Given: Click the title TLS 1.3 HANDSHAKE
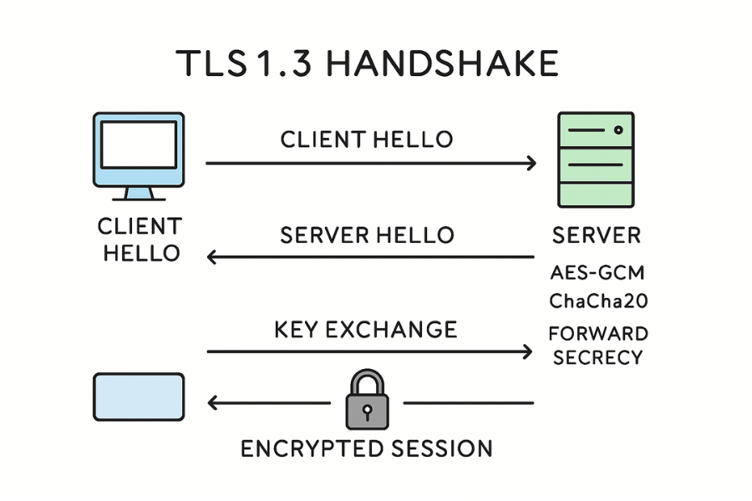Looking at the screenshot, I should [368, 64].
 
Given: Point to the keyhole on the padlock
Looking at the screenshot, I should [368, 411].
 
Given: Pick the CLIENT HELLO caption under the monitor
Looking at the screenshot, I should [140, 240].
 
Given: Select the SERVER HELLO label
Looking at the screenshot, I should [367, 235].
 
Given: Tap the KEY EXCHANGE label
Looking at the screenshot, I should [365, 329].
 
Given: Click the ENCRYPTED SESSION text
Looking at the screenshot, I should [367, 448].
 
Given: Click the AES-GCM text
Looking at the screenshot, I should [597, 273].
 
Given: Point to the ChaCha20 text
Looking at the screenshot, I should [597, 300].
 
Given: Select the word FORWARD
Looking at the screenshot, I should [597, 334].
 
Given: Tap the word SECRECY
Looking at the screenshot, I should [597, 357].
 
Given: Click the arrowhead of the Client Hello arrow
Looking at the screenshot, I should [531, 164].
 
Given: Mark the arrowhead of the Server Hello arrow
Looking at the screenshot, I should [212, 257].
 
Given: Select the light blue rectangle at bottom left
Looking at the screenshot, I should [138, 397].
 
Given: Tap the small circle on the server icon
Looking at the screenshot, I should [618, 130].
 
